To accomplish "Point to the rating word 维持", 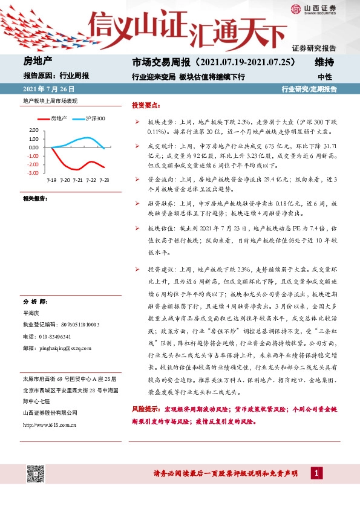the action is pos(325,62).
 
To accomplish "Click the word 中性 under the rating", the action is pos(325,77).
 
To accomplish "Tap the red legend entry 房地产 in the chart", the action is pos(59,118).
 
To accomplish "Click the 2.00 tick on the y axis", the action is pos(34,130).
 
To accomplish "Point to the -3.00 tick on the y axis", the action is pos(33,173).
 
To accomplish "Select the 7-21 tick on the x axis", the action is pos(77,180).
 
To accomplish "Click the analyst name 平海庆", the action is pos(31,314).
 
